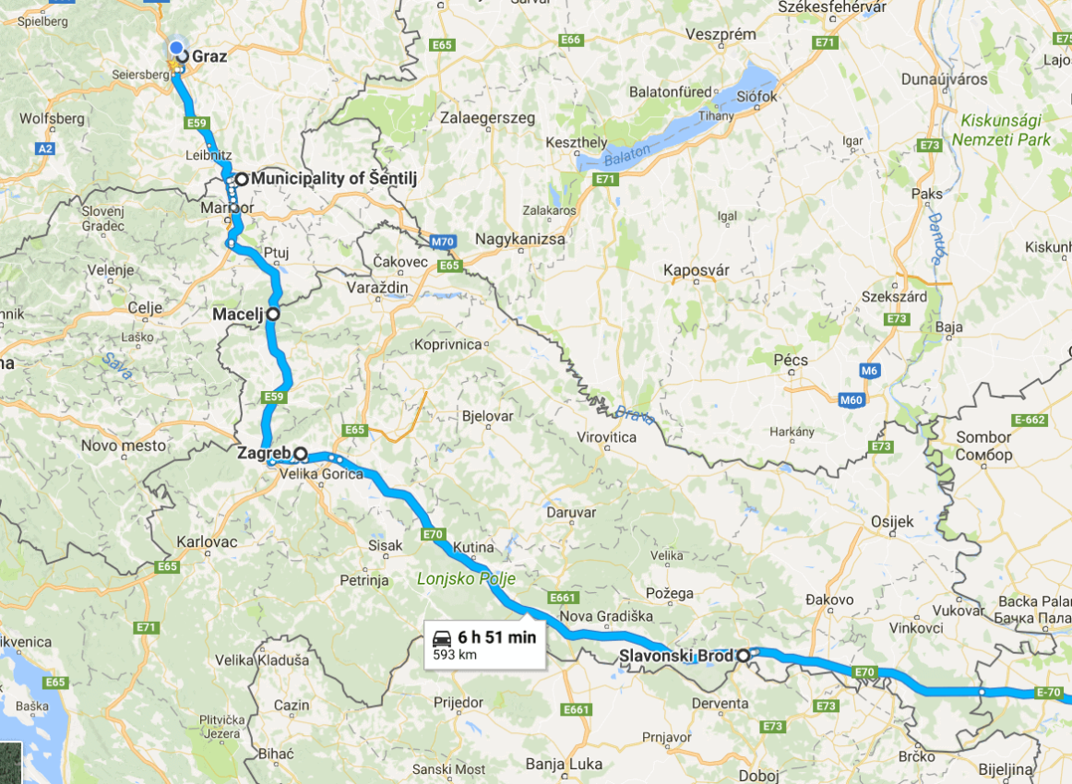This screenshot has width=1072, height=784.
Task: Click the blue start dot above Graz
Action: [176, 47]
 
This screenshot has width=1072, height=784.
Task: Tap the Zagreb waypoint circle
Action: [300, 454]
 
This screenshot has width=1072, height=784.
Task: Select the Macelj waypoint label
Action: [237, 315]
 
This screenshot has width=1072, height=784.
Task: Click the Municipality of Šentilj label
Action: [334, 179]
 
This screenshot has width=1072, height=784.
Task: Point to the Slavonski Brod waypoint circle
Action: [743, 656]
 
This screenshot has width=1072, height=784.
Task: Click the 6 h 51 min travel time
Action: [496, 636]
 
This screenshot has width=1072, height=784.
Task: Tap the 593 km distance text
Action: [456, 655]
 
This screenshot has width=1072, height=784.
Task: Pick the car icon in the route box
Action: [443, 636]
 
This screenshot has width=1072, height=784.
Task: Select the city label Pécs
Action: [791, 360]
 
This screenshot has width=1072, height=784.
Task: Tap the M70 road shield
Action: [442, 243]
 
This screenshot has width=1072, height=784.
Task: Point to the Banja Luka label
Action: [564, 764]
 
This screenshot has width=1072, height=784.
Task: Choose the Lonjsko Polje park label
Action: [466, 578]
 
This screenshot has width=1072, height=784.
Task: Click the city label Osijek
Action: [892, 521]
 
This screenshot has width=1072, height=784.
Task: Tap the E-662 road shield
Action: [1029, 420]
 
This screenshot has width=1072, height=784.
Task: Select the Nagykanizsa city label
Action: [520, 239]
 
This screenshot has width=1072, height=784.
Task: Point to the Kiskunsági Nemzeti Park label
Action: [1006, 130]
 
